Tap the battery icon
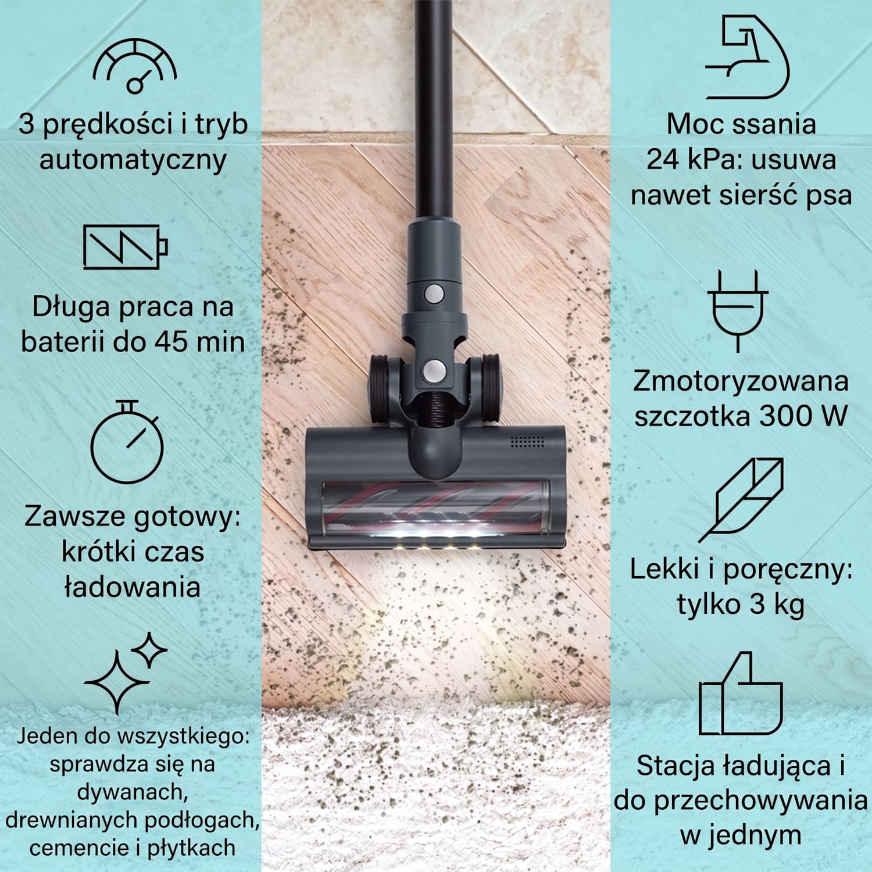(x=126, y=246)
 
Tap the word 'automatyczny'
(x=133, y=160)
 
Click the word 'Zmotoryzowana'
(x=740, y=381)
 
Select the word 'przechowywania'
(x=760, y=802)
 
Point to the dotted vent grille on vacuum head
(x=527, y=441)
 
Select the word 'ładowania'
(x=132, y=587)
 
